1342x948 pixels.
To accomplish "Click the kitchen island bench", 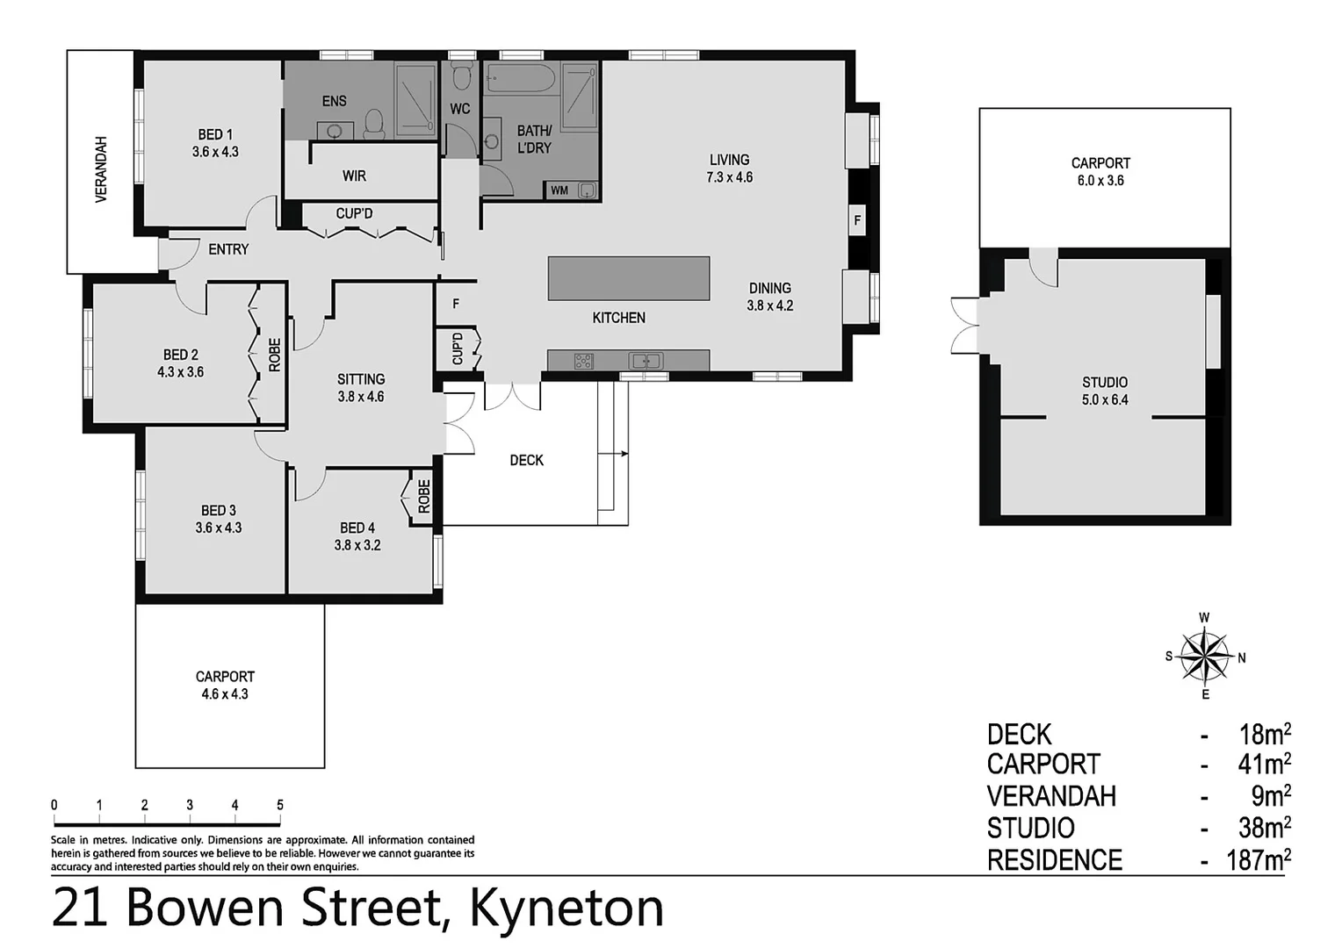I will pos(628,277).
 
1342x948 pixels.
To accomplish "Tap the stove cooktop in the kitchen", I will pos(583,361).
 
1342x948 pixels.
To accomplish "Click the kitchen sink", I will pos(646,361).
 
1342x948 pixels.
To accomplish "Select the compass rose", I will pos(1204,657).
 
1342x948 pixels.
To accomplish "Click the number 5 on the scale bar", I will pos(280,805).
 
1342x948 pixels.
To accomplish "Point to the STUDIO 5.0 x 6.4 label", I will pos(1105,391).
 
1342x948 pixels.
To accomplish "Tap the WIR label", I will pos(354,176).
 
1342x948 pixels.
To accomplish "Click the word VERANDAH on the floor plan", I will pos(101,169).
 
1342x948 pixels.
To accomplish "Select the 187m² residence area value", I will pos(1258,859).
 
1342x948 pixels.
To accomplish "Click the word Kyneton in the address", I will pos(566,908).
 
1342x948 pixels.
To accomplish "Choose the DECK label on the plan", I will pos(526,460).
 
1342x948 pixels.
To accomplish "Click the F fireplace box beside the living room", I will pos(857,220).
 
